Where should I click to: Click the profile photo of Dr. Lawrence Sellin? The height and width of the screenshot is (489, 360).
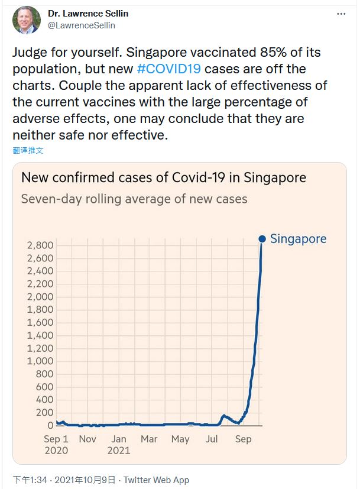point(26,20)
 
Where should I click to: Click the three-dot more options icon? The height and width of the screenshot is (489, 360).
point(341,13)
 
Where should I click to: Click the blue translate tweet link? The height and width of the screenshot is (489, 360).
point(28,150)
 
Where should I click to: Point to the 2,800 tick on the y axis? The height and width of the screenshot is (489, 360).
point(40,245)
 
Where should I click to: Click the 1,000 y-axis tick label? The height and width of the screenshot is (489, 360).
point(40,361)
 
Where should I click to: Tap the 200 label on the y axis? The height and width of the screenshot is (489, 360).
point(44,412)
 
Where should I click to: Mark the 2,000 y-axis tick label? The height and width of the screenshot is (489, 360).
point(40,297)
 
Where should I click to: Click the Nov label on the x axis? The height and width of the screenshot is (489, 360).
point(87,439)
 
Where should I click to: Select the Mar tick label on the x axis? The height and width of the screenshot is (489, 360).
point(149,439)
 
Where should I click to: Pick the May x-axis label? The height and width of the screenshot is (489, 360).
point(180,439)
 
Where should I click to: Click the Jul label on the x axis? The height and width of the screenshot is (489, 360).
point(210,439)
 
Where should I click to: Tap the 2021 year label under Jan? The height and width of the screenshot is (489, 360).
point(119,451)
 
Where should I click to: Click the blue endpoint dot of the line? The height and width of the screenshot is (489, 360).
point(262,239)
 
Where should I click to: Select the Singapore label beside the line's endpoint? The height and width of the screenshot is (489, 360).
point(298,239)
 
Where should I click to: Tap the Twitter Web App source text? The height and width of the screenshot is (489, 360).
point(157,480)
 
